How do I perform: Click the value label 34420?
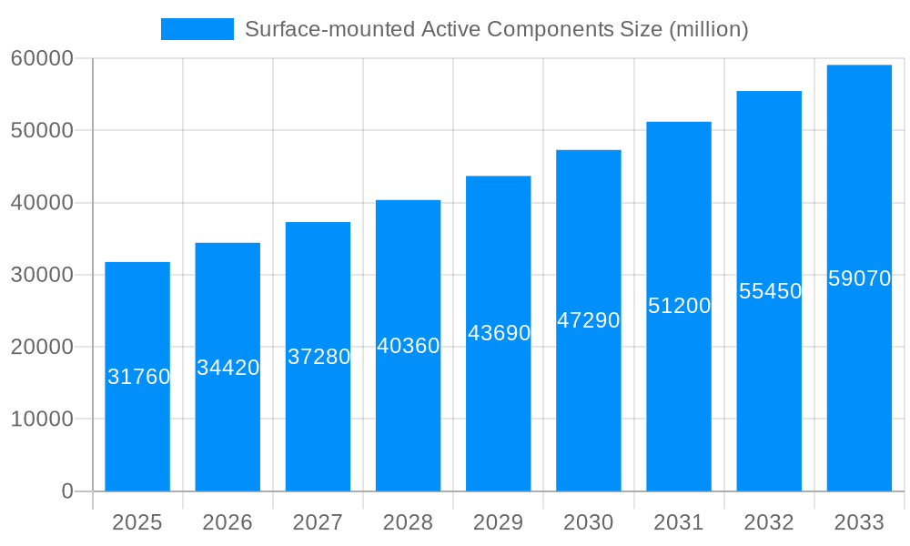(x=228, y=369)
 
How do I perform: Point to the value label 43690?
(x=499, y=333)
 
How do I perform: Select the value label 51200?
(x=679, y=306)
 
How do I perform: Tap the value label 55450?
(x=770, y=291)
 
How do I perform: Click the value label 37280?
(x=318, y=357)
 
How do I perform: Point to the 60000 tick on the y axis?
(x=41, y=59)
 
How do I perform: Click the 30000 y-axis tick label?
(x=41, y=275)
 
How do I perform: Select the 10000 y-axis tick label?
(x=41, y=420)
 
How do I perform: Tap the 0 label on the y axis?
(x=66, y=491)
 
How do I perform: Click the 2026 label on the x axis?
(x=227, y=522)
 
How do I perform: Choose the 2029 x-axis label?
(x=499, y=522)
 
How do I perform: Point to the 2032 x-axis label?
(x=769, y=522)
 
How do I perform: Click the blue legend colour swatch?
(x=197, y=29)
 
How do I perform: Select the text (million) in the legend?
(x=708, y=29)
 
